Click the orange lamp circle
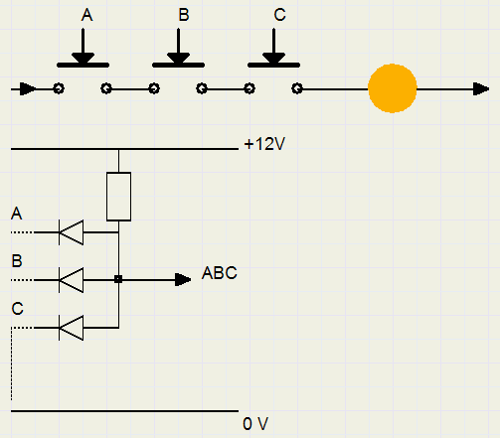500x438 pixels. (393, 88)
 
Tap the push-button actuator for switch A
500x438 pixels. (83, 49)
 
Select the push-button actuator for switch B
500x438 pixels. (178, 49)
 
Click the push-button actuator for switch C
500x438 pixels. (273, 49)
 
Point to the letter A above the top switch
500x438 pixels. (86, 15)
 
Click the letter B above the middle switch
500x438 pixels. (184, 15)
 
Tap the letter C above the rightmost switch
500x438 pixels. (279, 15)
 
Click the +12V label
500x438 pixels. (264, 144)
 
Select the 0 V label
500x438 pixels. (255, 424)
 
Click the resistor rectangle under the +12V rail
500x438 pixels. (118, 197)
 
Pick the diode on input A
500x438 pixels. (71, 232)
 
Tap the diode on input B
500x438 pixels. (71, 280)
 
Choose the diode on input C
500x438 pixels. (71, 328)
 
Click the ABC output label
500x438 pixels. (220, 273)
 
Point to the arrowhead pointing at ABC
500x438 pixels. (183, 280)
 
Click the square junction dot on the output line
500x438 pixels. (118, 279)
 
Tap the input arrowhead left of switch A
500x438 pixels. (28, 89)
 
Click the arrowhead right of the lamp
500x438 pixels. (481, 89)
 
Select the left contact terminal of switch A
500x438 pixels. (59, 88)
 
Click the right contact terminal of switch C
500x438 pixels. (297, 88)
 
